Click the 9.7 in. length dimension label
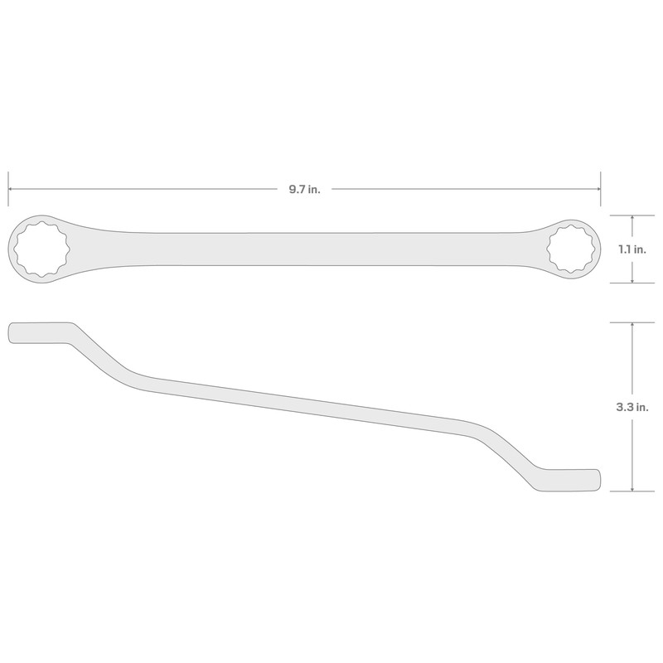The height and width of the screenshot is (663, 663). [304, 190]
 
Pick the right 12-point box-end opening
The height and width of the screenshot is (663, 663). [569, 248]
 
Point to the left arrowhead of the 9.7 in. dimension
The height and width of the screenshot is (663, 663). [12, 189]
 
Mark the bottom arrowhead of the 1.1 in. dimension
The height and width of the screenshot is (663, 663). [633, 279]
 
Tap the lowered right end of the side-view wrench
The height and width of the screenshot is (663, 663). [580, 481]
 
